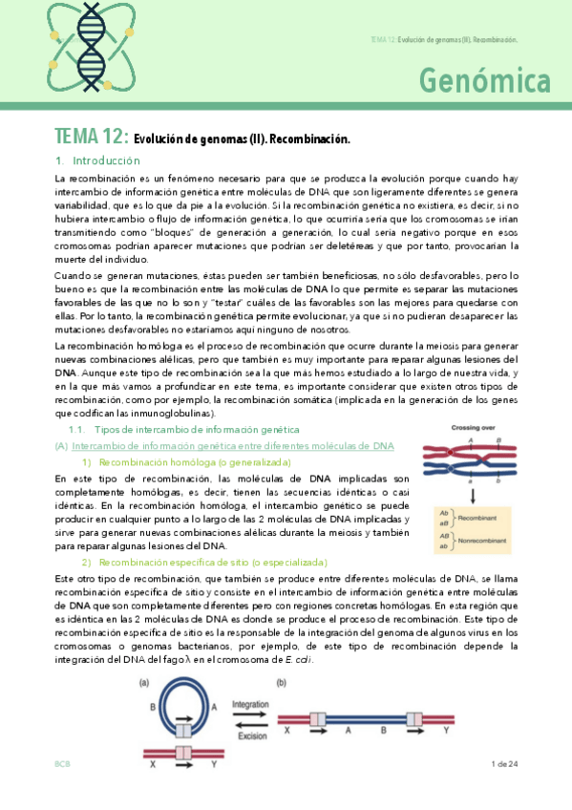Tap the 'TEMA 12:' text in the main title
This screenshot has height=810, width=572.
click(92, 139)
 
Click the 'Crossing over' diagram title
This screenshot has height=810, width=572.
click(478, 429)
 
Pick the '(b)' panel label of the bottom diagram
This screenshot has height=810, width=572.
click(281, 683)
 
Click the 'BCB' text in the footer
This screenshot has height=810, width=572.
click(62, 765)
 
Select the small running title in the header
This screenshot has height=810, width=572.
click(443, 40)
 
